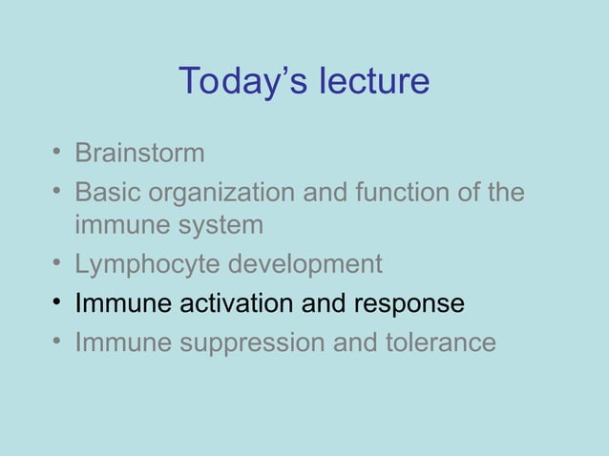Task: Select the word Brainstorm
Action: (139, 153)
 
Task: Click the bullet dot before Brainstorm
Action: (59, 153)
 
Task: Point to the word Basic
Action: (105, 194)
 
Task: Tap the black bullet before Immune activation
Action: (59, 303)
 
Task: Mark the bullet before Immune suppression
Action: (59, 342)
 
